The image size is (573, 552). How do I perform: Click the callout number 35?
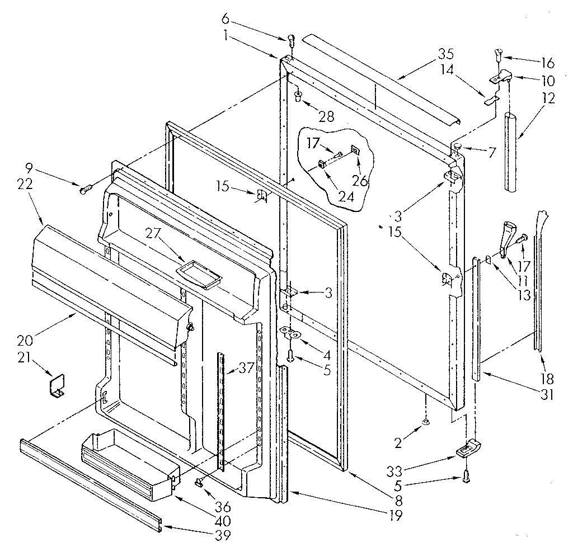(x=446, y=54)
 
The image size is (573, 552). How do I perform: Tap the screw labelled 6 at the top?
(x=291, y=39)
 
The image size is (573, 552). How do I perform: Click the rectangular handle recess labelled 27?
(x=196, y=276)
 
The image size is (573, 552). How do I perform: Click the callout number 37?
(x=246, y=367)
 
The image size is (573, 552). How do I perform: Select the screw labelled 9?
(x=86, y=190)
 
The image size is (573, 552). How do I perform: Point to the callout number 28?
(x=326, y=116)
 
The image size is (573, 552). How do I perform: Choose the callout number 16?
(x=547, y=62)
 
